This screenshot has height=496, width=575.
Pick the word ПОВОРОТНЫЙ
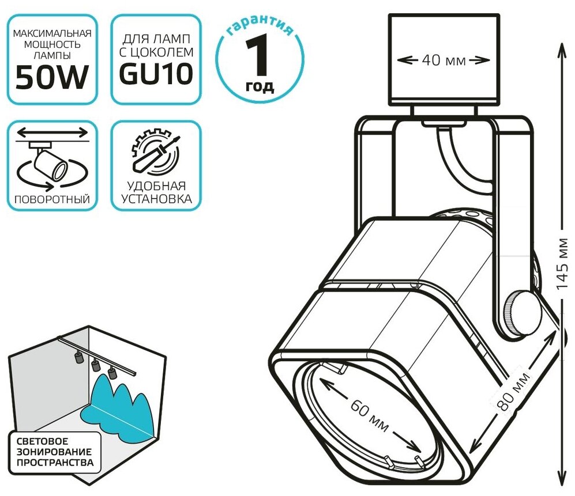(50, 200)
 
